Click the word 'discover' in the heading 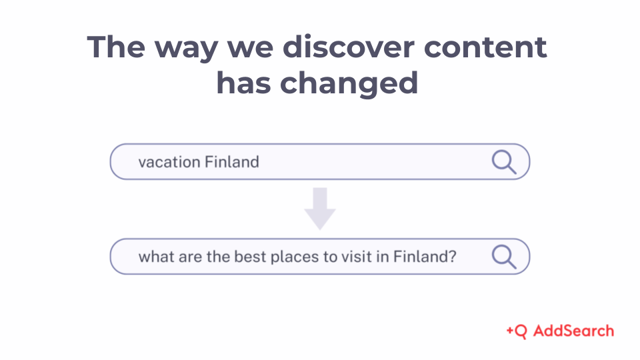coord(348,47)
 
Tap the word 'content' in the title coord(485,47)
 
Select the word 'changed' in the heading coord(349,83)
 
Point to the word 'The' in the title coord(116,47)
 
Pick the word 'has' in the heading coord(244,83)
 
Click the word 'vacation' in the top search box coord(169,162)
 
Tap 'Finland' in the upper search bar coord(231,161)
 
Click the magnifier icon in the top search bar coord(504,162)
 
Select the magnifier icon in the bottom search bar coord(504,257)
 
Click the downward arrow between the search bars coord(320,209)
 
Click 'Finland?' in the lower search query coord(425,257)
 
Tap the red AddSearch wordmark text coord(573,331)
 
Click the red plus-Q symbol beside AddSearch coord(516,331)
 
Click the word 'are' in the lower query coord(190,257)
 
